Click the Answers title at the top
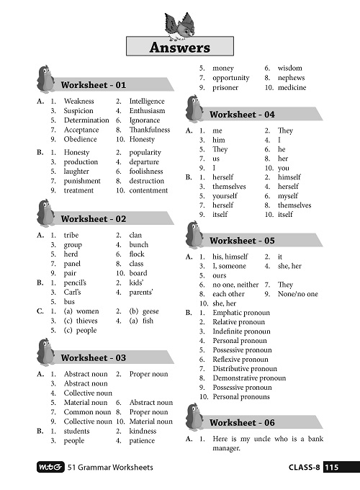(x=179, y=48)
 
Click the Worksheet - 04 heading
(x=242, y=115)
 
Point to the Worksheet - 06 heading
(x=242, y=423)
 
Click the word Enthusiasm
(x=147, y=112)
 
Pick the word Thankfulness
(x=150, y=130)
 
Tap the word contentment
(x=148, y=191)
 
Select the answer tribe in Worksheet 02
(x=71, y=236)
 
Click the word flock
(x=137, y=254)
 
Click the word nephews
(x=291, y=78)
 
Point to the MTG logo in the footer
(x=48, y=468)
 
